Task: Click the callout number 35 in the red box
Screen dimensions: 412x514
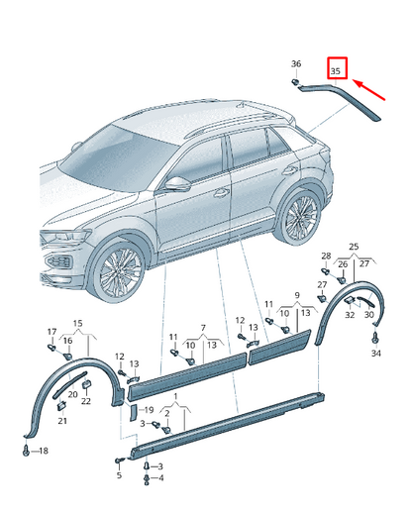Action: click(x=336, y=71)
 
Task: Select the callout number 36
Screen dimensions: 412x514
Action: click(x=296, y=63)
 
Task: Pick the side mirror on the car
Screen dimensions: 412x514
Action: click(x=177, y=184)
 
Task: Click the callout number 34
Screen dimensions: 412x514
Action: click(x=376, y=354)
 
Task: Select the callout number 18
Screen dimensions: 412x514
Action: click(x=44, y=451)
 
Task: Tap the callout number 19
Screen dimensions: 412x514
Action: click(x=150, y=410)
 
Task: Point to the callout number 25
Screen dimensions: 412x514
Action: click(x=354, y=247)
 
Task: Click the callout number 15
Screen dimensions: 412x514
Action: click(x=77, y=323)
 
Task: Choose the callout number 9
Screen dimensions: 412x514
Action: click(x=297, y=295)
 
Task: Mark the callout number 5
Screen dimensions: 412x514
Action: click(x=119, y=475)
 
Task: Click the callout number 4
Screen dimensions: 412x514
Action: click(x=160, y=477)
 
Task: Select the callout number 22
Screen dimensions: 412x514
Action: click(x=86, y=401)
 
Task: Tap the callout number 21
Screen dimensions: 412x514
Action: click(x=62, y=421)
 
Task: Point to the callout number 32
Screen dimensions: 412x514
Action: click(x=350, y=315)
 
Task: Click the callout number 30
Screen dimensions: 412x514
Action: click(x=369, y=315)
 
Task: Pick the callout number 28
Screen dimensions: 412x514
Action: click(x=326, y=256)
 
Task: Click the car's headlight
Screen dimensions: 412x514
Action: click(x=65, y=237)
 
